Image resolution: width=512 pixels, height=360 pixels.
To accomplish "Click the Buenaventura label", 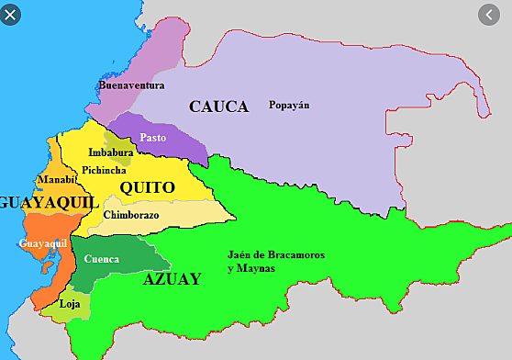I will (x=131, y=85).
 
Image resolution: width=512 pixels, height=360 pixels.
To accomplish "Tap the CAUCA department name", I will (x=218, y=107).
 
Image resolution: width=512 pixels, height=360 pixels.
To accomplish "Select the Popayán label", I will (x=289, y=105).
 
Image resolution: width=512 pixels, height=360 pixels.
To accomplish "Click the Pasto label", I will (x=153, y=137).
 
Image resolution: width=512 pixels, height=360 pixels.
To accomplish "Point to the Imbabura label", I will (x=111, y=152).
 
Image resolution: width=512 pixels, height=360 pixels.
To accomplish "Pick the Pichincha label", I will (x=104, y=170).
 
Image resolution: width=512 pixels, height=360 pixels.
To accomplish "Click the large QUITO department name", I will (x=147, y=187).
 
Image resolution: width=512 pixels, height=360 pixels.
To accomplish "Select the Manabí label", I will (x=56, y=179).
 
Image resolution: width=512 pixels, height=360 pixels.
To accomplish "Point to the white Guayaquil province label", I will (x=43, y=243).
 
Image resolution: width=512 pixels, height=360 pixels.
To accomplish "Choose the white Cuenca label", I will (x=101, y=259).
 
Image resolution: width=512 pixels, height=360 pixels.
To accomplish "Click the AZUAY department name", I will (x=172, y=280).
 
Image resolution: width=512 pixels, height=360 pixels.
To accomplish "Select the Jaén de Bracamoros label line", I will (x=275, y=254).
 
